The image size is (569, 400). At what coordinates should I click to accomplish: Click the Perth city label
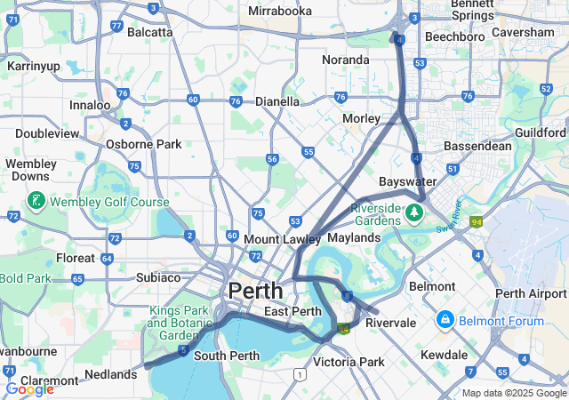[256, 291]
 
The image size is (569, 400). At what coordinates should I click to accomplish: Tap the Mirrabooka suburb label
[280, 12]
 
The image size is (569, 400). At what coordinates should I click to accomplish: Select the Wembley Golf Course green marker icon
[36, 201]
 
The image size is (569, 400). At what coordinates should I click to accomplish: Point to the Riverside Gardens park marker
[413, 213]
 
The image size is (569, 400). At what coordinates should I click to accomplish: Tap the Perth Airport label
[531, 294]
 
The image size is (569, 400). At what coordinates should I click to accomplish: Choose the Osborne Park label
[143, 144]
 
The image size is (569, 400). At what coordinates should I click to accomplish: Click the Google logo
[29, 388]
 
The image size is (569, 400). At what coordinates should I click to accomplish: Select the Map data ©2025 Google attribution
[514, 393]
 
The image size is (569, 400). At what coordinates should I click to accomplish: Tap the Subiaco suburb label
[158, 277]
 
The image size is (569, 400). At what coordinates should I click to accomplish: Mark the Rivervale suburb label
[390, 323]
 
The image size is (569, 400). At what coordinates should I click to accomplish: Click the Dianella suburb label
[277, 101]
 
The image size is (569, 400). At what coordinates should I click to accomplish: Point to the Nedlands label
[111, 374]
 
